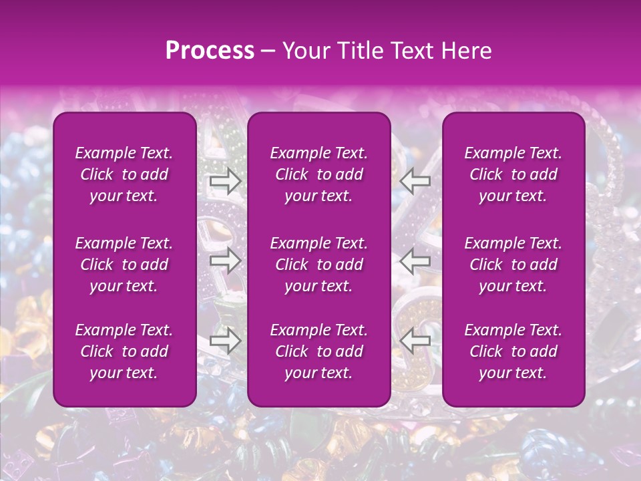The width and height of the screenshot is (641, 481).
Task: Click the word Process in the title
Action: click(x=210, y=51)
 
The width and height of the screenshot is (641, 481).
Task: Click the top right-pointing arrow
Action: click(x=226, y=180)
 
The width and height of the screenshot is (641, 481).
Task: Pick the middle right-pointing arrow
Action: click(x=226, y=261)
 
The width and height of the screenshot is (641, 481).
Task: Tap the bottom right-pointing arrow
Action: click(x=226, y=341)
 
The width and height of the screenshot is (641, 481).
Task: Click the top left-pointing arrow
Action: click(x=415, y=180)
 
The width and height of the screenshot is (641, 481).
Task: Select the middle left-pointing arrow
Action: click(x=415, y=261)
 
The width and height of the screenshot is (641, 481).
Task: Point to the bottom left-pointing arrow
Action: click(x=415, y=341)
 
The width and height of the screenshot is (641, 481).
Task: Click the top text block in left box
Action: click(x=124, y=174)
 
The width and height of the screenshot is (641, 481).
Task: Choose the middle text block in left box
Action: click(x=124, y=265)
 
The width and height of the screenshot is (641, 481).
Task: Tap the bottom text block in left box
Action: click(x=124, y=351)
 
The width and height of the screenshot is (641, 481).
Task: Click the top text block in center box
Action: click(x=318, y=174)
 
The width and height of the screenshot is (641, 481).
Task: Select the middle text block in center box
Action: click(x=318, y=265)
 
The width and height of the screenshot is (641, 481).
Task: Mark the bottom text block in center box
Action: click(x=318, y=351)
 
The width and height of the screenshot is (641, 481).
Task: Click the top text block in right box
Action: click(x=513, y=174)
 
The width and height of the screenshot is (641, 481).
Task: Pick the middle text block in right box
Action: click(x=513, y=265)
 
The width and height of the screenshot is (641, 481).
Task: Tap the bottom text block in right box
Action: click(x=513, y=351)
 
